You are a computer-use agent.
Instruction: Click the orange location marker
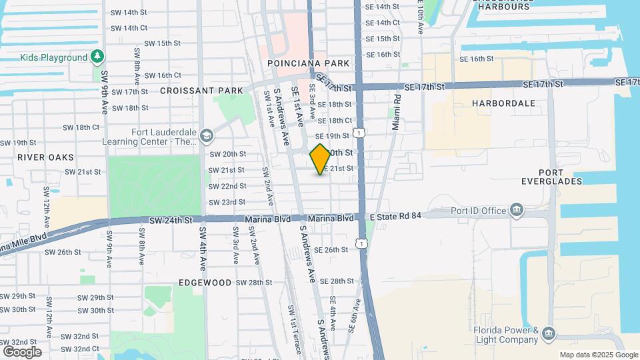tap(320, 159)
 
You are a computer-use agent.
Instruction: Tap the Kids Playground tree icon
tap(98, 57)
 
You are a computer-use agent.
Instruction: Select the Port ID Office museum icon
tap(517, 211)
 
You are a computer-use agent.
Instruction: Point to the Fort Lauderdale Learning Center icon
tap(206, 136)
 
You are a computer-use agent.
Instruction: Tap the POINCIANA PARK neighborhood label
tap(308, 63)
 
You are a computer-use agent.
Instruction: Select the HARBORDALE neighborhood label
tap(503, 103)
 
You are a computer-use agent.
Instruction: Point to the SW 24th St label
tap(171, 220)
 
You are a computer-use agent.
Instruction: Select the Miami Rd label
tap(397, 107)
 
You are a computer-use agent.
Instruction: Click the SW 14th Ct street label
tap(129, 28)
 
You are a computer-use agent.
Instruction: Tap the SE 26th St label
tap(331, 250)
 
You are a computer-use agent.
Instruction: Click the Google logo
tap(22, 351)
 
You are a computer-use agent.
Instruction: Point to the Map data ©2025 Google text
tap(598, 355)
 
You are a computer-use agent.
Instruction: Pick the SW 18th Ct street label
tap(81, 127)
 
